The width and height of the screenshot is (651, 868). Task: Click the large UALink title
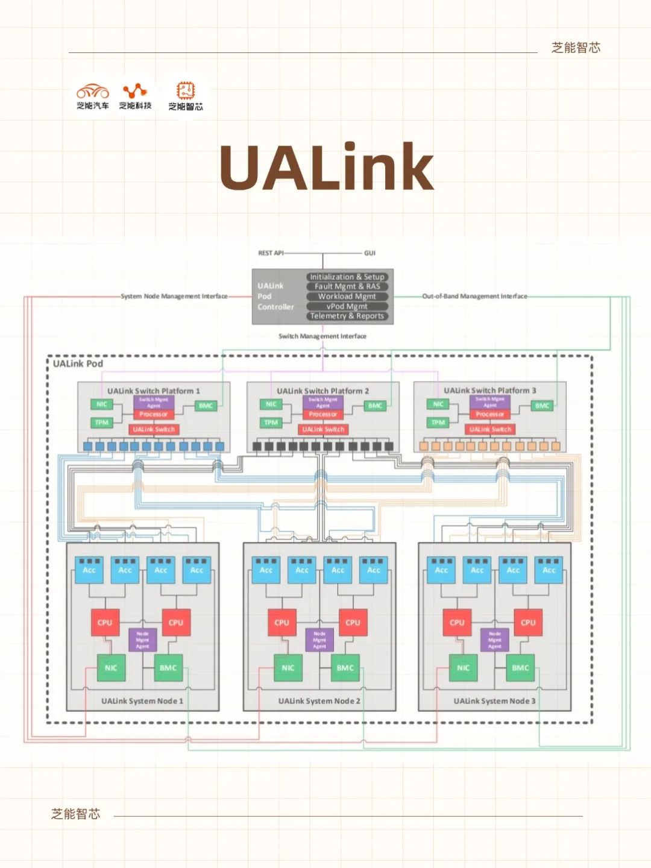coord(326,167)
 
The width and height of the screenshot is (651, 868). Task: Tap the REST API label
coord(271,253)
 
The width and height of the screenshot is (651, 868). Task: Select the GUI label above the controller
coord(370,253)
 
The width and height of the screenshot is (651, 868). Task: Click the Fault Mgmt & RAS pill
coord(347,286)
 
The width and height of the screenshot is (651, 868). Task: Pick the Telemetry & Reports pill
coord(347,316)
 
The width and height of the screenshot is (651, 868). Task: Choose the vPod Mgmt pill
coord(347,306)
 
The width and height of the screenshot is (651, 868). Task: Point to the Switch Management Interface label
coord(322,336)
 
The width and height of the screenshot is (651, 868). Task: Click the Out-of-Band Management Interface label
coord(474,296)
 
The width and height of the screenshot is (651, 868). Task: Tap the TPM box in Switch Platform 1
coord(102,423)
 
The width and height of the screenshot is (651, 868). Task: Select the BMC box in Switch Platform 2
coord(376,406)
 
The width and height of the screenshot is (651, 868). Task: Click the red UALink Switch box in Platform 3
coord(490,429)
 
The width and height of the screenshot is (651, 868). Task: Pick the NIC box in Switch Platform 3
coord(438,404)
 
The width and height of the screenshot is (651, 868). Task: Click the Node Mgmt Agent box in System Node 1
coord(142,640)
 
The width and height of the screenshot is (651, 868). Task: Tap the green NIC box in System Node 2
coord(288,668)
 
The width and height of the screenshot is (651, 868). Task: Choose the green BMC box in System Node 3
coord(520,668)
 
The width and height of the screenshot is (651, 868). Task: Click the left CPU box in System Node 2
coord(281,623)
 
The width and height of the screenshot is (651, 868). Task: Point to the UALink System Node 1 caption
coord(142,701)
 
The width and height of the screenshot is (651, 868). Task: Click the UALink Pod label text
coord(78,363)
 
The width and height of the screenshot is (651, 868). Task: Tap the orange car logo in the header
coord(93,92)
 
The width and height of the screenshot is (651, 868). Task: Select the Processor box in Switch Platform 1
coord(154,414)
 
